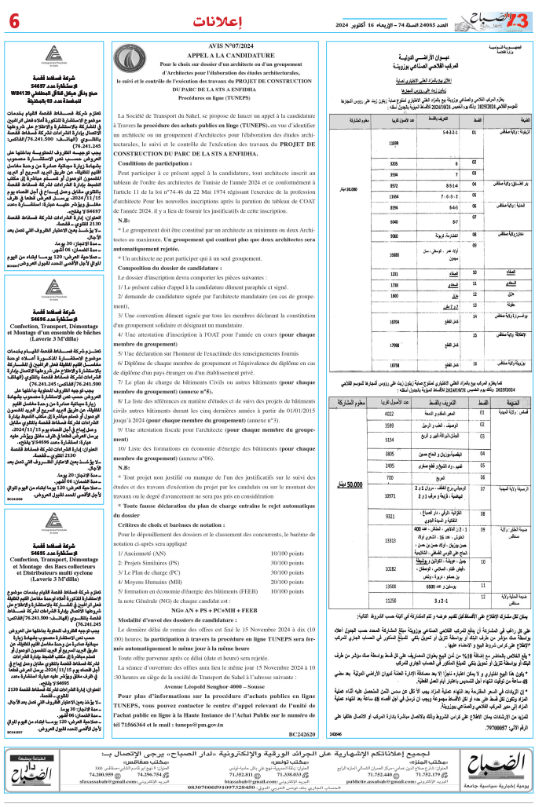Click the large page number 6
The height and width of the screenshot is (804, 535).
(x=16, y=18)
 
